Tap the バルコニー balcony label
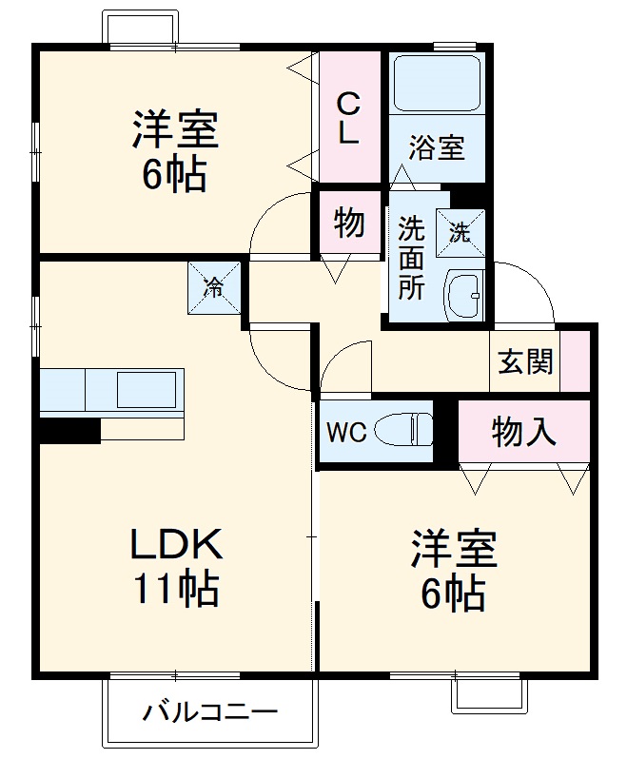211,711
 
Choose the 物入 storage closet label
523,432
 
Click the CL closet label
349,117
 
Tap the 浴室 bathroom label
437,147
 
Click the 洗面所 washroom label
411,258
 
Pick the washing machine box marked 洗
460,233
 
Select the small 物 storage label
349,224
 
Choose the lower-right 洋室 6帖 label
454,572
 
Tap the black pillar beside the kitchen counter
69,431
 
